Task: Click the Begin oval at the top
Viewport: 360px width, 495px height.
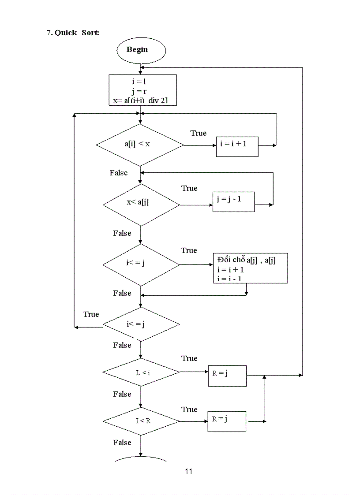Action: click(x=141, y=50)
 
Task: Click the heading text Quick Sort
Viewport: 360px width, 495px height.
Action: click(x=73, y=33)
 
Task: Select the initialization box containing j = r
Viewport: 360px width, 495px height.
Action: click(x=142, y=90)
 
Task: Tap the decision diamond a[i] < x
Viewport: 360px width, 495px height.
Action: click(x=140, y=144)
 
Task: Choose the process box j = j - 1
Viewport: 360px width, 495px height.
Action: click(x=234, y=201)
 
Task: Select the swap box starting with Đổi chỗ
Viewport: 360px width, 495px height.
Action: click(x=250, y=268)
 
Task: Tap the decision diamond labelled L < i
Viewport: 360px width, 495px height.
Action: click(x=141, y=373)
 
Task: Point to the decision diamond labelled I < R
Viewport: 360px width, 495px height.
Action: click(x=141, y=421)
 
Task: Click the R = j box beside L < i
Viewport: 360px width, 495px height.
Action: click(x=227, y=376)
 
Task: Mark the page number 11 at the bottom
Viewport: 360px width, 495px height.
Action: click(x=188, y=471)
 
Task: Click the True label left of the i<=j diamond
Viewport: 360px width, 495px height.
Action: click(x=91, y=314)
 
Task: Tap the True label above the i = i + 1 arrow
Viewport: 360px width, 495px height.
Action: click(x=198, y=133)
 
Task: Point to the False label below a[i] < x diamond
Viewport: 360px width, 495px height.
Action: click(x=119, y=173)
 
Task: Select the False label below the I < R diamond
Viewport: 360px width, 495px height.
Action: click(x=122, y=442)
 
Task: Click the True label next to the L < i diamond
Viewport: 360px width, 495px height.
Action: click(x=189, y=358)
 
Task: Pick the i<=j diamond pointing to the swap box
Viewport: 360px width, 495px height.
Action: click(x=141, y=265)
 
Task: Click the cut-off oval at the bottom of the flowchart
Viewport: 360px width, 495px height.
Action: click(x=141, y=459)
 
